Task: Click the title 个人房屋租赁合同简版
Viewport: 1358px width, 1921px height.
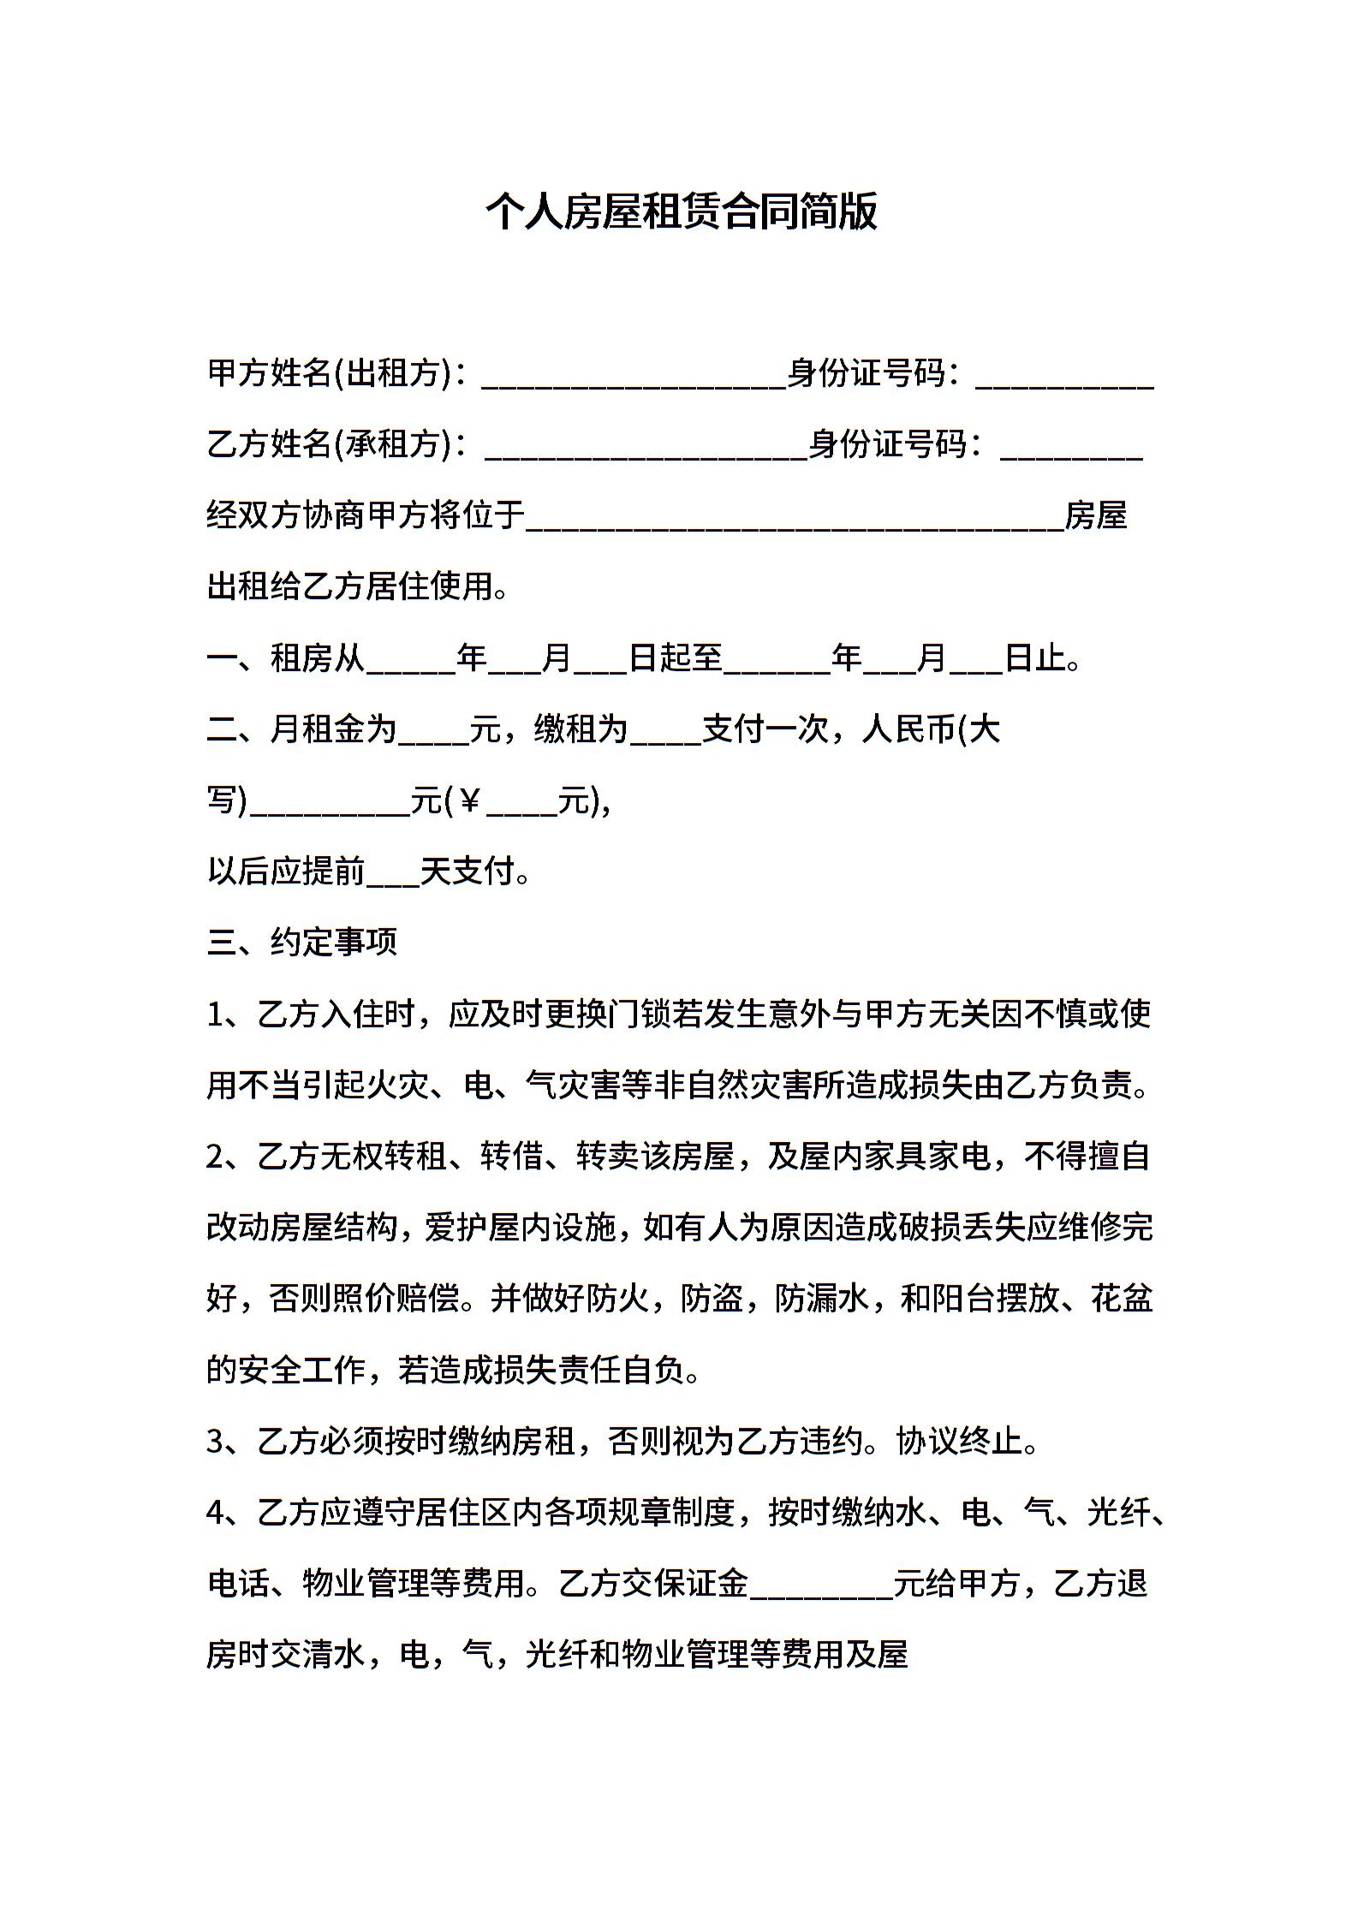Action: coord(682,211)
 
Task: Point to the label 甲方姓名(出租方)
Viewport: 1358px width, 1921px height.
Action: coord(329,373)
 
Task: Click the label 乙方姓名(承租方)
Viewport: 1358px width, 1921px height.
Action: coord(329,444)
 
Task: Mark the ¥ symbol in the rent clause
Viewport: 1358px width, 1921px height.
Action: coord(468,801)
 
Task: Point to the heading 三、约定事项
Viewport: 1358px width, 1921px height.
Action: coord(302,943)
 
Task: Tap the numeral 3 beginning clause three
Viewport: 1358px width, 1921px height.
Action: coord(215,1442)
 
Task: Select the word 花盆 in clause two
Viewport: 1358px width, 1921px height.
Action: coord(1122,1299)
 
